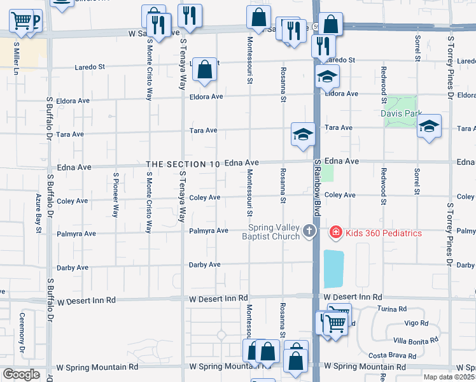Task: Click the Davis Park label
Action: (402, 113)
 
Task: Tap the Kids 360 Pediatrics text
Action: (383, 233)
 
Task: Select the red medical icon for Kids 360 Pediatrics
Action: (335, 233)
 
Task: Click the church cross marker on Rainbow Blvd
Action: (309, 230)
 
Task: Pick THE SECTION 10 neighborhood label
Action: (183, 164)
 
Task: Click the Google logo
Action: (21, 374)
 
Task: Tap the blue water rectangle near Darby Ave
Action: (333, 269)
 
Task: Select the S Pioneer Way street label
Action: (116, 195)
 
